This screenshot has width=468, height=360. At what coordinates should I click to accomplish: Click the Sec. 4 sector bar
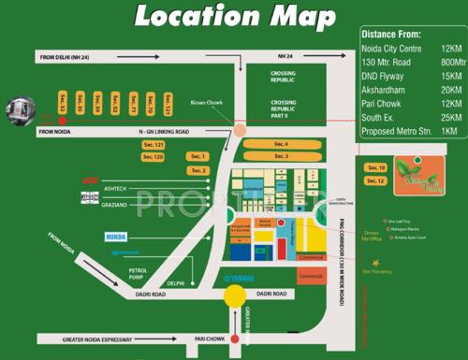[x=280, y=144]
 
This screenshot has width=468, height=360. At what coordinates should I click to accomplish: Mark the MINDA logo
[x=115, y=238]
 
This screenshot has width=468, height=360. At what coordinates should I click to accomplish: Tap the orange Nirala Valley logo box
[x=417, y=173]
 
